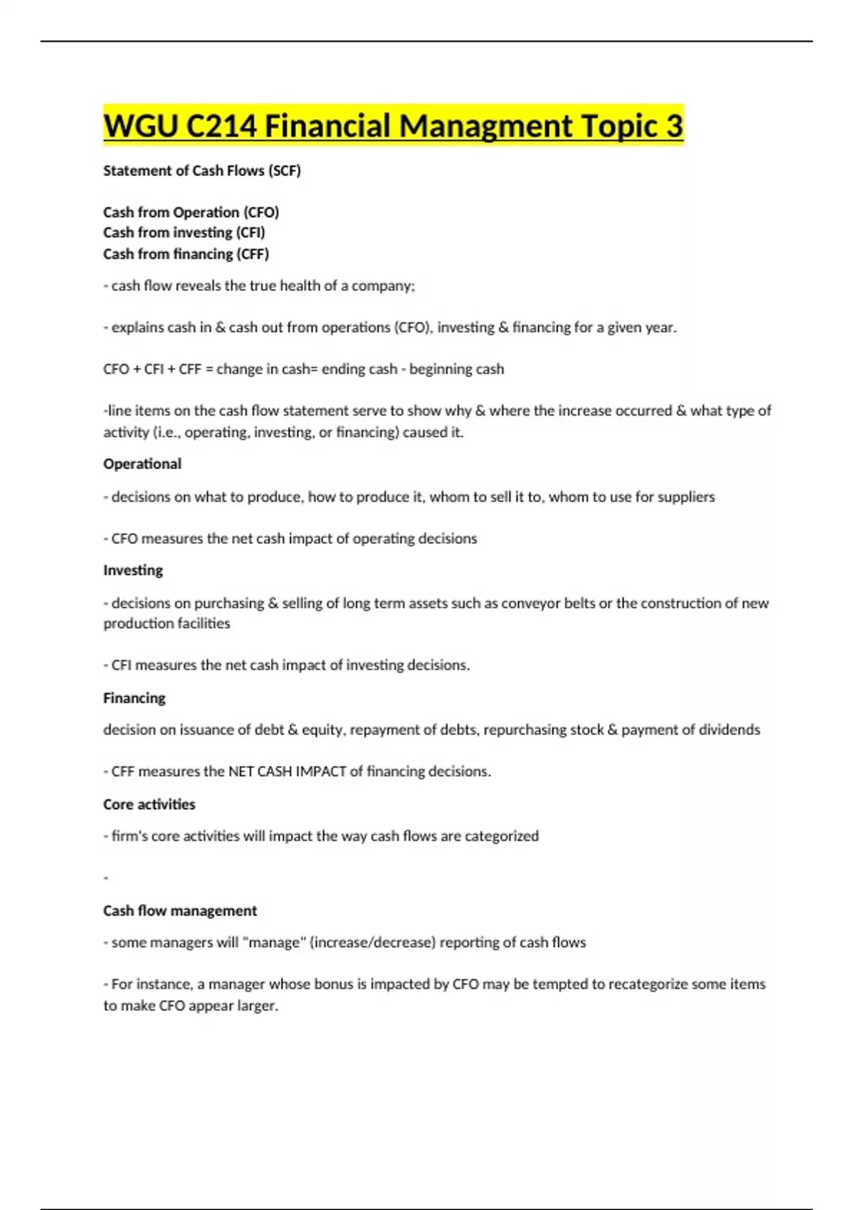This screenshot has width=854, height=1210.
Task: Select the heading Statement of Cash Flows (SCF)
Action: pos(202,171)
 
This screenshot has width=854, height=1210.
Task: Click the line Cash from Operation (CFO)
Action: pos(191,212)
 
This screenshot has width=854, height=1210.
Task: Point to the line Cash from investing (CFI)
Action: pos(184,233)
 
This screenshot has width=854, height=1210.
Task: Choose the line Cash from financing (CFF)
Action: pos(186,254)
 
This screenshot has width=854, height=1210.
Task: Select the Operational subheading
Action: pos(142,464)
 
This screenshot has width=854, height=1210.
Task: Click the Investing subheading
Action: pos(133,570)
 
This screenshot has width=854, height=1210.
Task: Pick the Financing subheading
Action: pos(135,698)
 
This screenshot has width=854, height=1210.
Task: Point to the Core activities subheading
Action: pos(149,804)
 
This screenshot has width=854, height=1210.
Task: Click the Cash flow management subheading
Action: pos(180,911)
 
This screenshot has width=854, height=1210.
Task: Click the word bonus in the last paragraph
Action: pos(334,984)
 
